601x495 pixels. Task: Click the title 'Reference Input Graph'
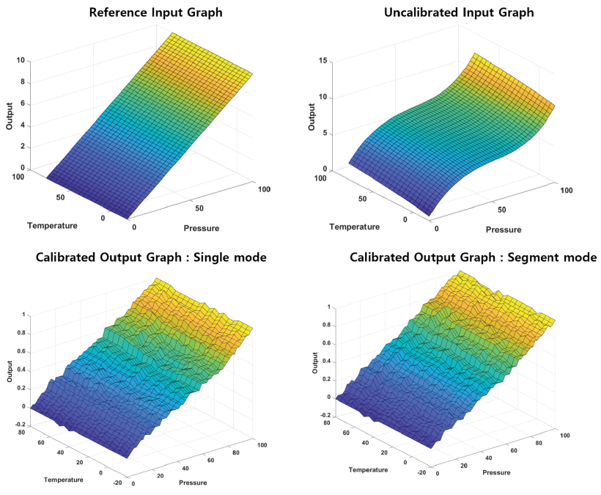coord(155,12)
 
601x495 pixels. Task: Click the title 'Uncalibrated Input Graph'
coord(459,12)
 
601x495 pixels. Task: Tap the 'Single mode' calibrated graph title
coord(152,257)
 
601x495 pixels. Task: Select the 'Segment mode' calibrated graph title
coord(473,257)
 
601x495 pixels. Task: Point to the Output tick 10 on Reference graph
coord(21,60)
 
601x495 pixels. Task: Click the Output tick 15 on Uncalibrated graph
coord(322,61)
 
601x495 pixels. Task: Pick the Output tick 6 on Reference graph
coord(23,104)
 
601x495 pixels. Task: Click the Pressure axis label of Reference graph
coord(202,229)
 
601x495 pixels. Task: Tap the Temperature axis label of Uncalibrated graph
coord(355,227)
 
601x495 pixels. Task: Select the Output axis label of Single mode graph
coord(10,371)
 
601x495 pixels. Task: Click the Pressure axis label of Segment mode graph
coord(496,473)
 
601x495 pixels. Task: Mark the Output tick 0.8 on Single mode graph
coord(21,333)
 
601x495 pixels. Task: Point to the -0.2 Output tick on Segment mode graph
coord(325,416)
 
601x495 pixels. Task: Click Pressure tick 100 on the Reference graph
coord(264,189)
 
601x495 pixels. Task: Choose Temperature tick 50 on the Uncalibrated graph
coord(362,199)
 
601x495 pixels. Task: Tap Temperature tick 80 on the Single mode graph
coord(21,432)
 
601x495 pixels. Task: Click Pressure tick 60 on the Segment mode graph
coord(514,450)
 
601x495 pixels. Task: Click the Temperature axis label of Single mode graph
coord(63,480)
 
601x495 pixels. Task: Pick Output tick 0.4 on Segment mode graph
coord(326,362)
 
